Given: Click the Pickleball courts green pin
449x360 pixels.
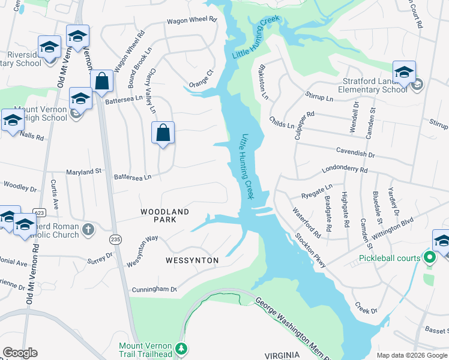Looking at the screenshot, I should pyautogui.click(x=429, y=259).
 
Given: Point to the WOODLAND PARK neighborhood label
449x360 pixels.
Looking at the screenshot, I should pyautogui.click(x=165, y=215).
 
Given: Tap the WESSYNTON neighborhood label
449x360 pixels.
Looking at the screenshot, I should pyautogui.click(x=193, y=260).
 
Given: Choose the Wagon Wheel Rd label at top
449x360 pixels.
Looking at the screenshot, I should pyautogui.click(x=191, y=19).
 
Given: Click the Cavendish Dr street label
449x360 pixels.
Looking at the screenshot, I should pyautogui.click(x=355, y=154).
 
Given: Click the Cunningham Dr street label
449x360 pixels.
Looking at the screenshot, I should pyautogui.click(x=155, y=289).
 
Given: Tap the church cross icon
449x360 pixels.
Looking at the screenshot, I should pyautogui.click(x=88, y=229).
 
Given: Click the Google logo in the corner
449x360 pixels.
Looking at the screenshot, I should pyautogui.click(x=20, y=352).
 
